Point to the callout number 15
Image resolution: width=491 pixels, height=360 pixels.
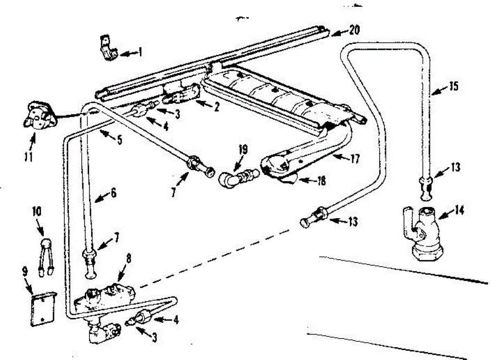tap(453, 87)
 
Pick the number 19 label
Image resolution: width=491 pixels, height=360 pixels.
tap(243, 149)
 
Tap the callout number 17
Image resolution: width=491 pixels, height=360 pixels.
tap(355, 158)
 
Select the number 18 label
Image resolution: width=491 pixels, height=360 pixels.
tap(322, 181)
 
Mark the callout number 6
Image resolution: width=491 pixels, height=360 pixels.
tap(113, 192)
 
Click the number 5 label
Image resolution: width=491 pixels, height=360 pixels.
tap(119, 139)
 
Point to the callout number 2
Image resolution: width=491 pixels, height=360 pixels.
tap(216, 107)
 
